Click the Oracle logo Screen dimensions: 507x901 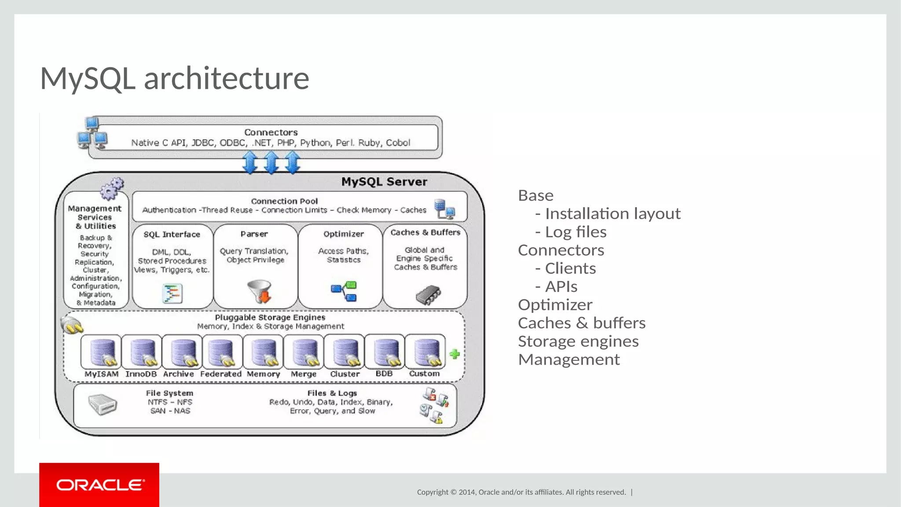99,485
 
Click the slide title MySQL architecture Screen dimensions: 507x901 175,78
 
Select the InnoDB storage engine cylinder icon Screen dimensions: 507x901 142,352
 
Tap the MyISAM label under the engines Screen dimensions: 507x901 102,374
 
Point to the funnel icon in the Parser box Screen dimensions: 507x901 260,291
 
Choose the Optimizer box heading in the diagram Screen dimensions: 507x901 344,234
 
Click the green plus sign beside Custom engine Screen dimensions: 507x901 455,354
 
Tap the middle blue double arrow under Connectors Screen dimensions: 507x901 271,162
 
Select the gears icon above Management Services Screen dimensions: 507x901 112,188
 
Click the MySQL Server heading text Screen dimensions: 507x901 384,182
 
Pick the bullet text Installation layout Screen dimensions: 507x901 612,213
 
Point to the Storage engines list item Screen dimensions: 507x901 578,341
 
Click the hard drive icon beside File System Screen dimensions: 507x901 103,404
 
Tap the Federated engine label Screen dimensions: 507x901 221,374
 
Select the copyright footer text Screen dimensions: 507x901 521,492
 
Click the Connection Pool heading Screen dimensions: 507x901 284,201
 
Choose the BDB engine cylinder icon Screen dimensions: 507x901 385,352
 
